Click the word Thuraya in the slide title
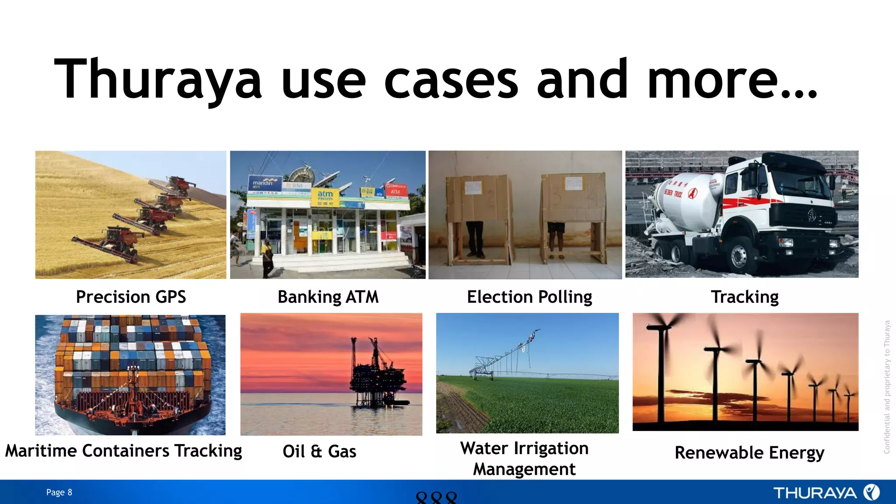coord(157,80)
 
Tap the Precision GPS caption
coord(131,297)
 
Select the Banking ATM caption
coord(328,297)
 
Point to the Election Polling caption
coord(529,297)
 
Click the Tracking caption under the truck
coord(745,297)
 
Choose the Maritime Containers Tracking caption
coord(123,451)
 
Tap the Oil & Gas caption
coord(319,451)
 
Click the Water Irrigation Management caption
coord(525,458)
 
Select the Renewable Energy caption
coord(749,452)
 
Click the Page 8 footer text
coord(59,492)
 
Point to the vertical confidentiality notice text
coord(887,387)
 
